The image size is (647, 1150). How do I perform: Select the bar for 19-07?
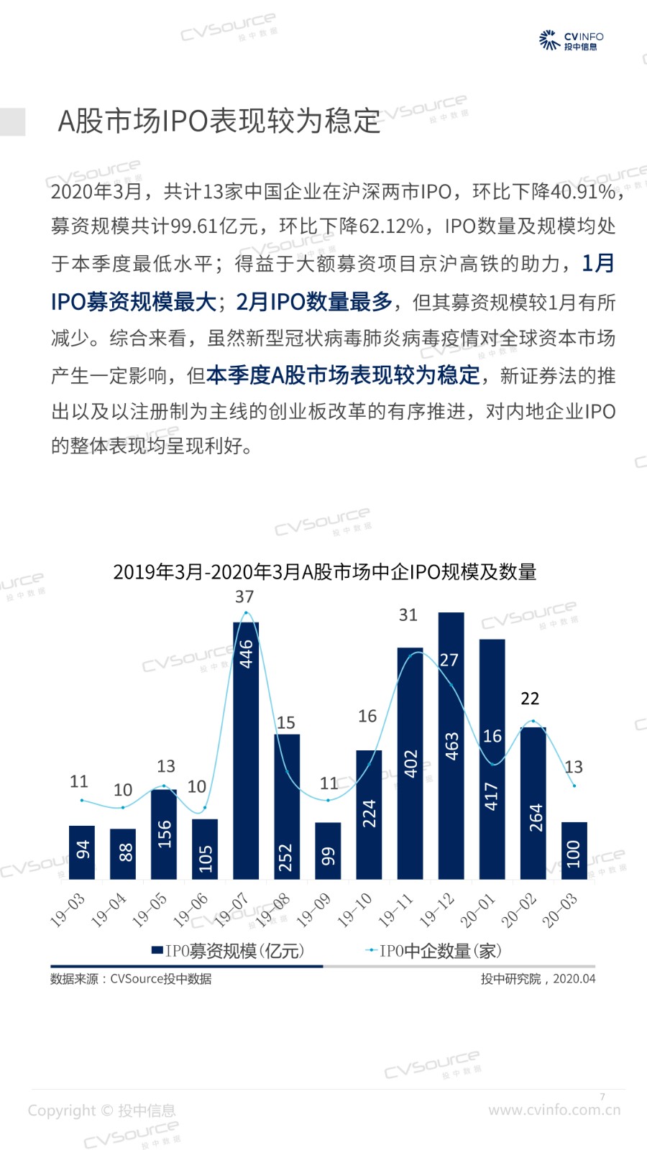pos(246,750)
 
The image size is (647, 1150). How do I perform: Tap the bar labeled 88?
pos(123,854)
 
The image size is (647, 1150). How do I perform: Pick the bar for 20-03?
pos(574,851)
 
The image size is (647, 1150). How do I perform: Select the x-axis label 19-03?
pos(68,909)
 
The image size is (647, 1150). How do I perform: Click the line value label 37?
pos(244,597)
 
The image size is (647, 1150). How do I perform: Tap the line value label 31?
pos(408,615)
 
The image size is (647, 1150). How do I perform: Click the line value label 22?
pos(530,698)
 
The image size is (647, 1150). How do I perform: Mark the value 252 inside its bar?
pos(286,857)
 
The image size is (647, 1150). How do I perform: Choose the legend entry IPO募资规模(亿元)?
pos(228,951)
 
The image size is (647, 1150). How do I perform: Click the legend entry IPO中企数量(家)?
pos(433,951)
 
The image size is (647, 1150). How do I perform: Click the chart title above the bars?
pos(325,572)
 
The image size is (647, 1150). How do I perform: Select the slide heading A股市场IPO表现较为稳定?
pos(219,121)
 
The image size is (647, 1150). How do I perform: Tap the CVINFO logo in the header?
pos(571,40)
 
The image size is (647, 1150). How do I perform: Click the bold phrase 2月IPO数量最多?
pos(315,302)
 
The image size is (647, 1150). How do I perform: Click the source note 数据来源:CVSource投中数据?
pos(131,979)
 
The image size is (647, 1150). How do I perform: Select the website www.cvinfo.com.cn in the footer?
pos(554,1110)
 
